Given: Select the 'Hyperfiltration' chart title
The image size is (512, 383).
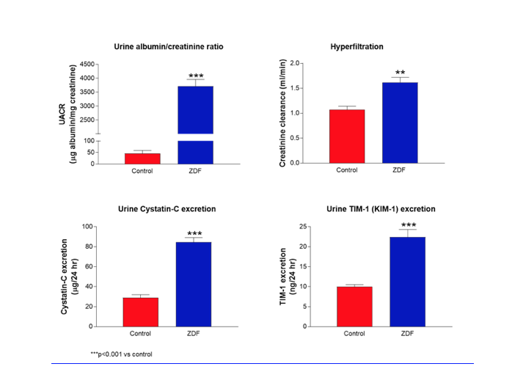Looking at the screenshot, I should coord(358,46).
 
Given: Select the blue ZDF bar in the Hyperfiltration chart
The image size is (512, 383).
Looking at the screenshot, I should coord(401,123).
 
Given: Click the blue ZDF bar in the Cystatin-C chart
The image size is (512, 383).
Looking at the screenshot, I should coord(194,284).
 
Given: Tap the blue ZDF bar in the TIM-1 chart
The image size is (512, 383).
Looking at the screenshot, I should coord(408,282).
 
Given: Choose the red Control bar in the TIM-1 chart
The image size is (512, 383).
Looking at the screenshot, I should coord(355,306).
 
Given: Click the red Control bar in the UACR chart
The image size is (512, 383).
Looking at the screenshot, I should coord(142,158).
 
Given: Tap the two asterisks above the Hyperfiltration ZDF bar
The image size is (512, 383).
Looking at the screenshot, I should coord(401,73).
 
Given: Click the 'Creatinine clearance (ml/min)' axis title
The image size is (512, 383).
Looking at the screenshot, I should coord(282,114).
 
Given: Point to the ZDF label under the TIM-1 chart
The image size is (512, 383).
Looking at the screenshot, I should coord(408,334).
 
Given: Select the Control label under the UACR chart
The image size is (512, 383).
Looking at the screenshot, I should coord(142,171).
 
